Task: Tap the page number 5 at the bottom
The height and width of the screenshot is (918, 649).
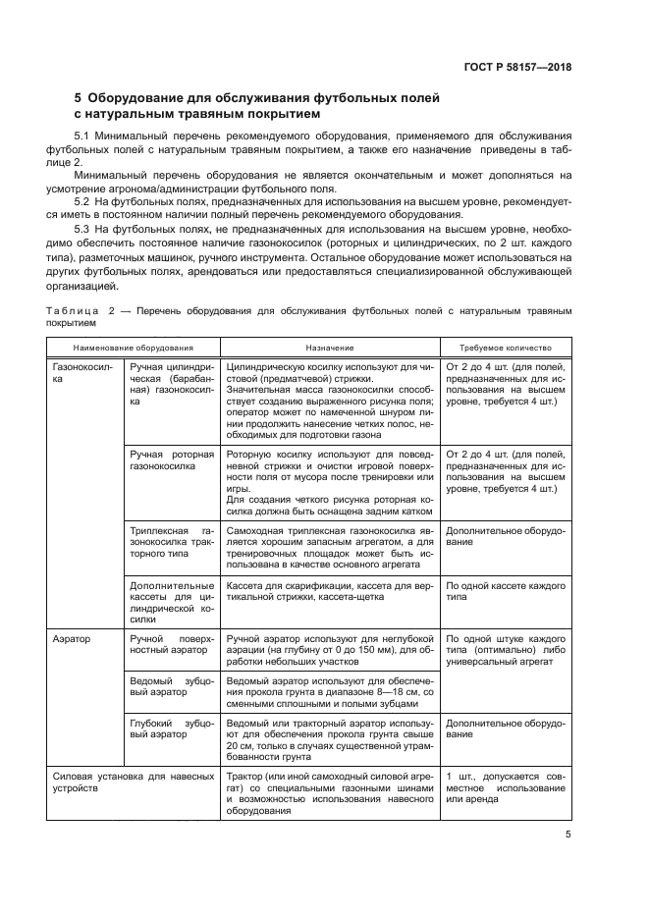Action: (x=568, y=836)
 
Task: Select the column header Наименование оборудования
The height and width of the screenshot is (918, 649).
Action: (x=132, y=348)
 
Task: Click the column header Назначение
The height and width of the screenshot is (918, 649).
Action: (x=329, y=348)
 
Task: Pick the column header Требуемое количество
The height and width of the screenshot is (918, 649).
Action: (x=506, y=348)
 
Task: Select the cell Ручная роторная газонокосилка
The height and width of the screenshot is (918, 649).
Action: (x=171, y=460)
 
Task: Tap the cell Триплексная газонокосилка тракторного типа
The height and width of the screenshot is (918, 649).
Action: (x=171, y=541)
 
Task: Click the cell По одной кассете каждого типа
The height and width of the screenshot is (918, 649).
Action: (x=506, y=590)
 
